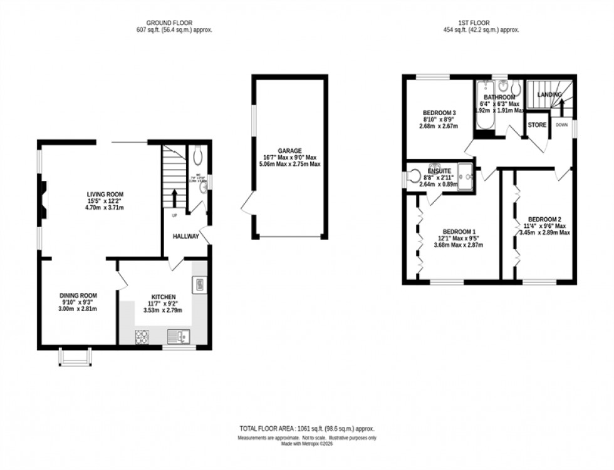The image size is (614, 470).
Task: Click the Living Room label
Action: (x=105, y=195)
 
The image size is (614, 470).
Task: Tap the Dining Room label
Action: (x=79, y=295)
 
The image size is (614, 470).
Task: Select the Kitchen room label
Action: (x=164, y=297)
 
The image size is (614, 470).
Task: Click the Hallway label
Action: (x=186, y=236)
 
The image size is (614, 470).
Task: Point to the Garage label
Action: (x=290, y=151)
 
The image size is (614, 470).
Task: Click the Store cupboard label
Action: (x=537, y=125)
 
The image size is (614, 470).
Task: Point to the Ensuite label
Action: (x=438, y=170)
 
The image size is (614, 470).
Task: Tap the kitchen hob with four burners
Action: (x=142, y=337)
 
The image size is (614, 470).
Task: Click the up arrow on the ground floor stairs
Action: (x=174, y=196)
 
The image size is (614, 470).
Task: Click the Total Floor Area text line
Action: (x=307, y=428)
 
